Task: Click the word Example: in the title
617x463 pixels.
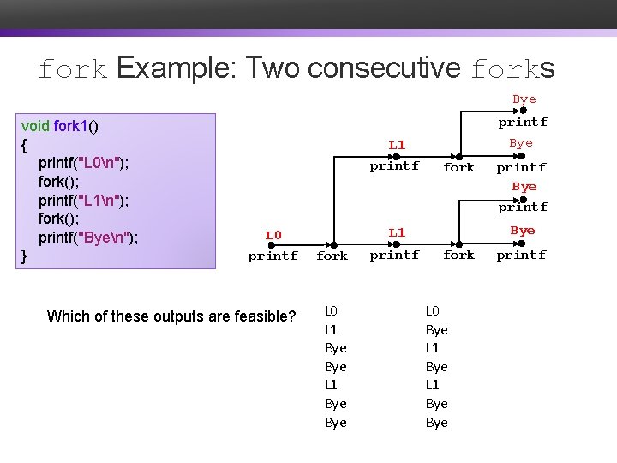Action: tap(177, 68)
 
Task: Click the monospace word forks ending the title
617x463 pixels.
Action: tap(512, 68)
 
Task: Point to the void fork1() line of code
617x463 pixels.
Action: tap(59, 127)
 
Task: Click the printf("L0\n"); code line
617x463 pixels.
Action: tap(84, 163)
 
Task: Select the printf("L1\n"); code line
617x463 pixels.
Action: tap(84, 200)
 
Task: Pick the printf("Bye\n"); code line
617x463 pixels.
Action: tap(88, 237)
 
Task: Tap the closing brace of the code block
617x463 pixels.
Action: tap(24, 255)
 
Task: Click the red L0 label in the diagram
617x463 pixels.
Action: tap(273, 235)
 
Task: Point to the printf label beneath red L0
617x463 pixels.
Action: tap(273, 256)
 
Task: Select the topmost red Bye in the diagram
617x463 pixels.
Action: tap(524, 99)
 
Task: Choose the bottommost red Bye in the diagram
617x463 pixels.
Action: tap(522, 231)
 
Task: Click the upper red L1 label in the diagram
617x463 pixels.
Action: tap(397, 145)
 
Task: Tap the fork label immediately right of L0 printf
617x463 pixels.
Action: tap(332, 256)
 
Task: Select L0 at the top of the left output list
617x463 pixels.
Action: tap(331, 310)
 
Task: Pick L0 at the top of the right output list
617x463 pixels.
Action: tap(433, 310)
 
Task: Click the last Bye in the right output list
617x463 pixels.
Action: tap(437, 423)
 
